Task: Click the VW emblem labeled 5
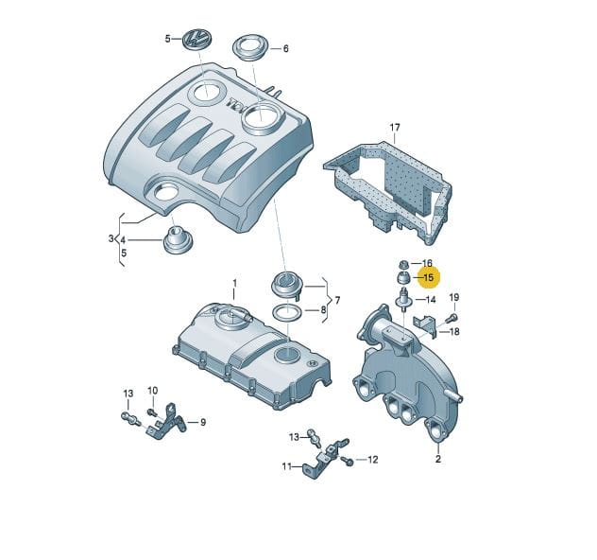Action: [x=196, y=39]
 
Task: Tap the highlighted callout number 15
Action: [x=428, y=277]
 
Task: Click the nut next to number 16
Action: [x=403, y=264]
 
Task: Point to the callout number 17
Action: [x=395, y=127]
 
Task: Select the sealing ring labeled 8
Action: [x=286, y=313]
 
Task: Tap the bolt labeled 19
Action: [x=452, y=317]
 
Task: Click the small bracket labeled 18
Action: [x=425, y=326]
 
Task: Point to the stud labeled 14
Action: [x=404, y=299]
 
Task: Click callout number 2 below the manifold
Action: [x=438, y=459]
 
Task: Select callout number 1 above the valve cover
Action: [x=235, y=283]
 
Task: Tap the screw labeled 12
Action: [x=348, y=461]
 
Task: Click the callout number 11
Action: [x=287, y=466]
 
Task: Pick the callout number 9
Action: [x=203, y=423]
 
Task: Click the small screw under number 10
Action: [x=151, y=411]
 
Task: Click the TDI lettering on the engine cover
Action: [x=237, y=104]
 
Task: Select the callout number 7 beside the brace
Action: [x=337, y=301]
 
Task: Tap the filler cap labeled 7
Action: [x=287, y=285]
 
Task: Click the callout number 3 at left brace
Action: [x=111, y=238]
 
